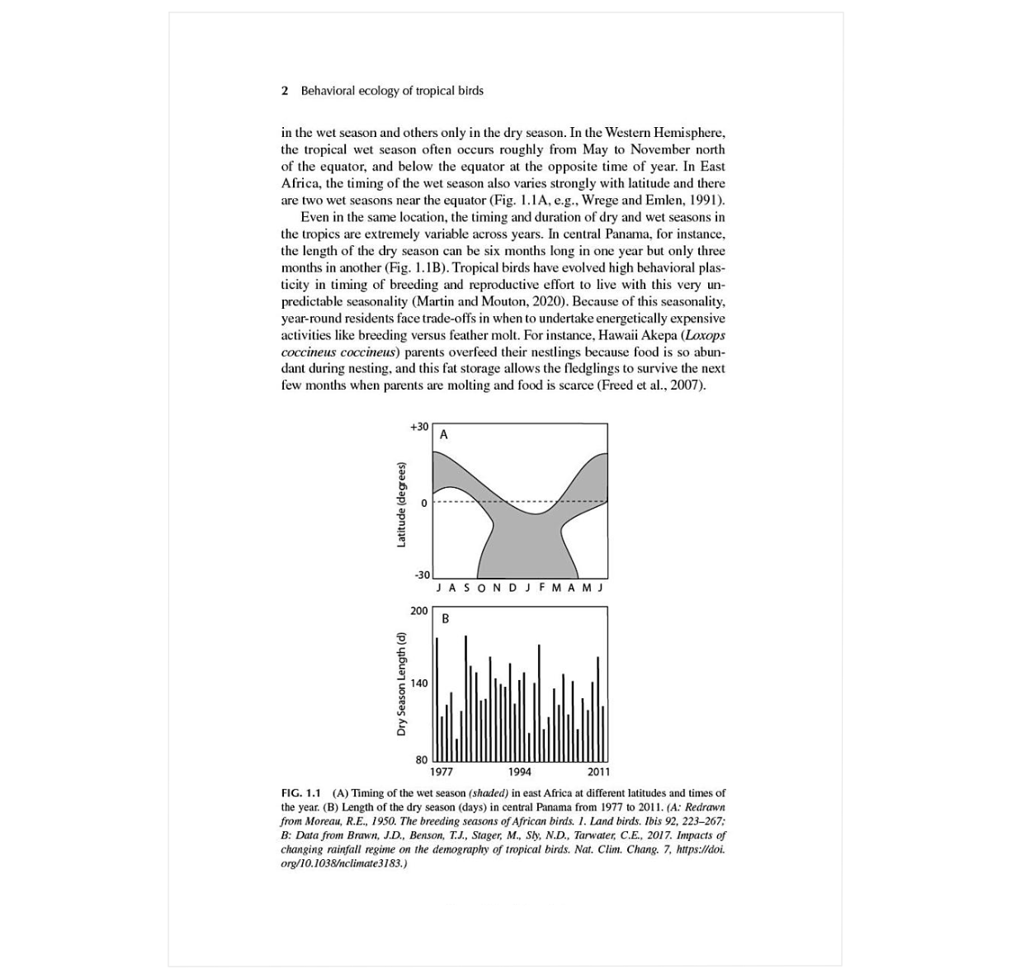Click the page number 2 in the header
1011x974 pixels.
coord(285,91)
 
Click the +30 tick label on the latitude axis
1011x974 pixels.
coord(418,427)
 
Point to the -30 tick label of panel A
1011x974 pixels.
coord(421,574)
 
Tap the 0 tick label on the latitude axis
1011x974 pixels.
coord(424,503)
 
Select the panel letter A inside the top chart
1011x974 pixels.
coord(443,435)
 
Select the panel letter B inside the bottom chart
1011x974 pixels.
coord(445,618)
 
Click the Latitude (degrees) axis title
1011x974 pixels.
coord(401,504)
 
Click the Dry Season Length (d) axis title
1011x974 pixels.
coord(401,683)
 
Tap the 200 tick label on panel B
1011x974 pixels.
coord(419,611)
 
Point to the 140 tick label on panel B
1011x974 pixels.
coord(419,683)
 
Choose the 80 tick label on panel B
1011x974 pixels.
coord(422,759)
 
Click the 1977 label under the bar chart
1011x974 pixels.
coord(442,773)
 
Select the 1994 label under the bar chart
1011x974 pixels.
coord(519,773)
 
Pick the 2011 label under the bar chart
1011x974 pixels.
coord(598,773)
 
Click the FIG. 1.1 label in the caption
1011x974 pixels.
coord(301,792)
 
